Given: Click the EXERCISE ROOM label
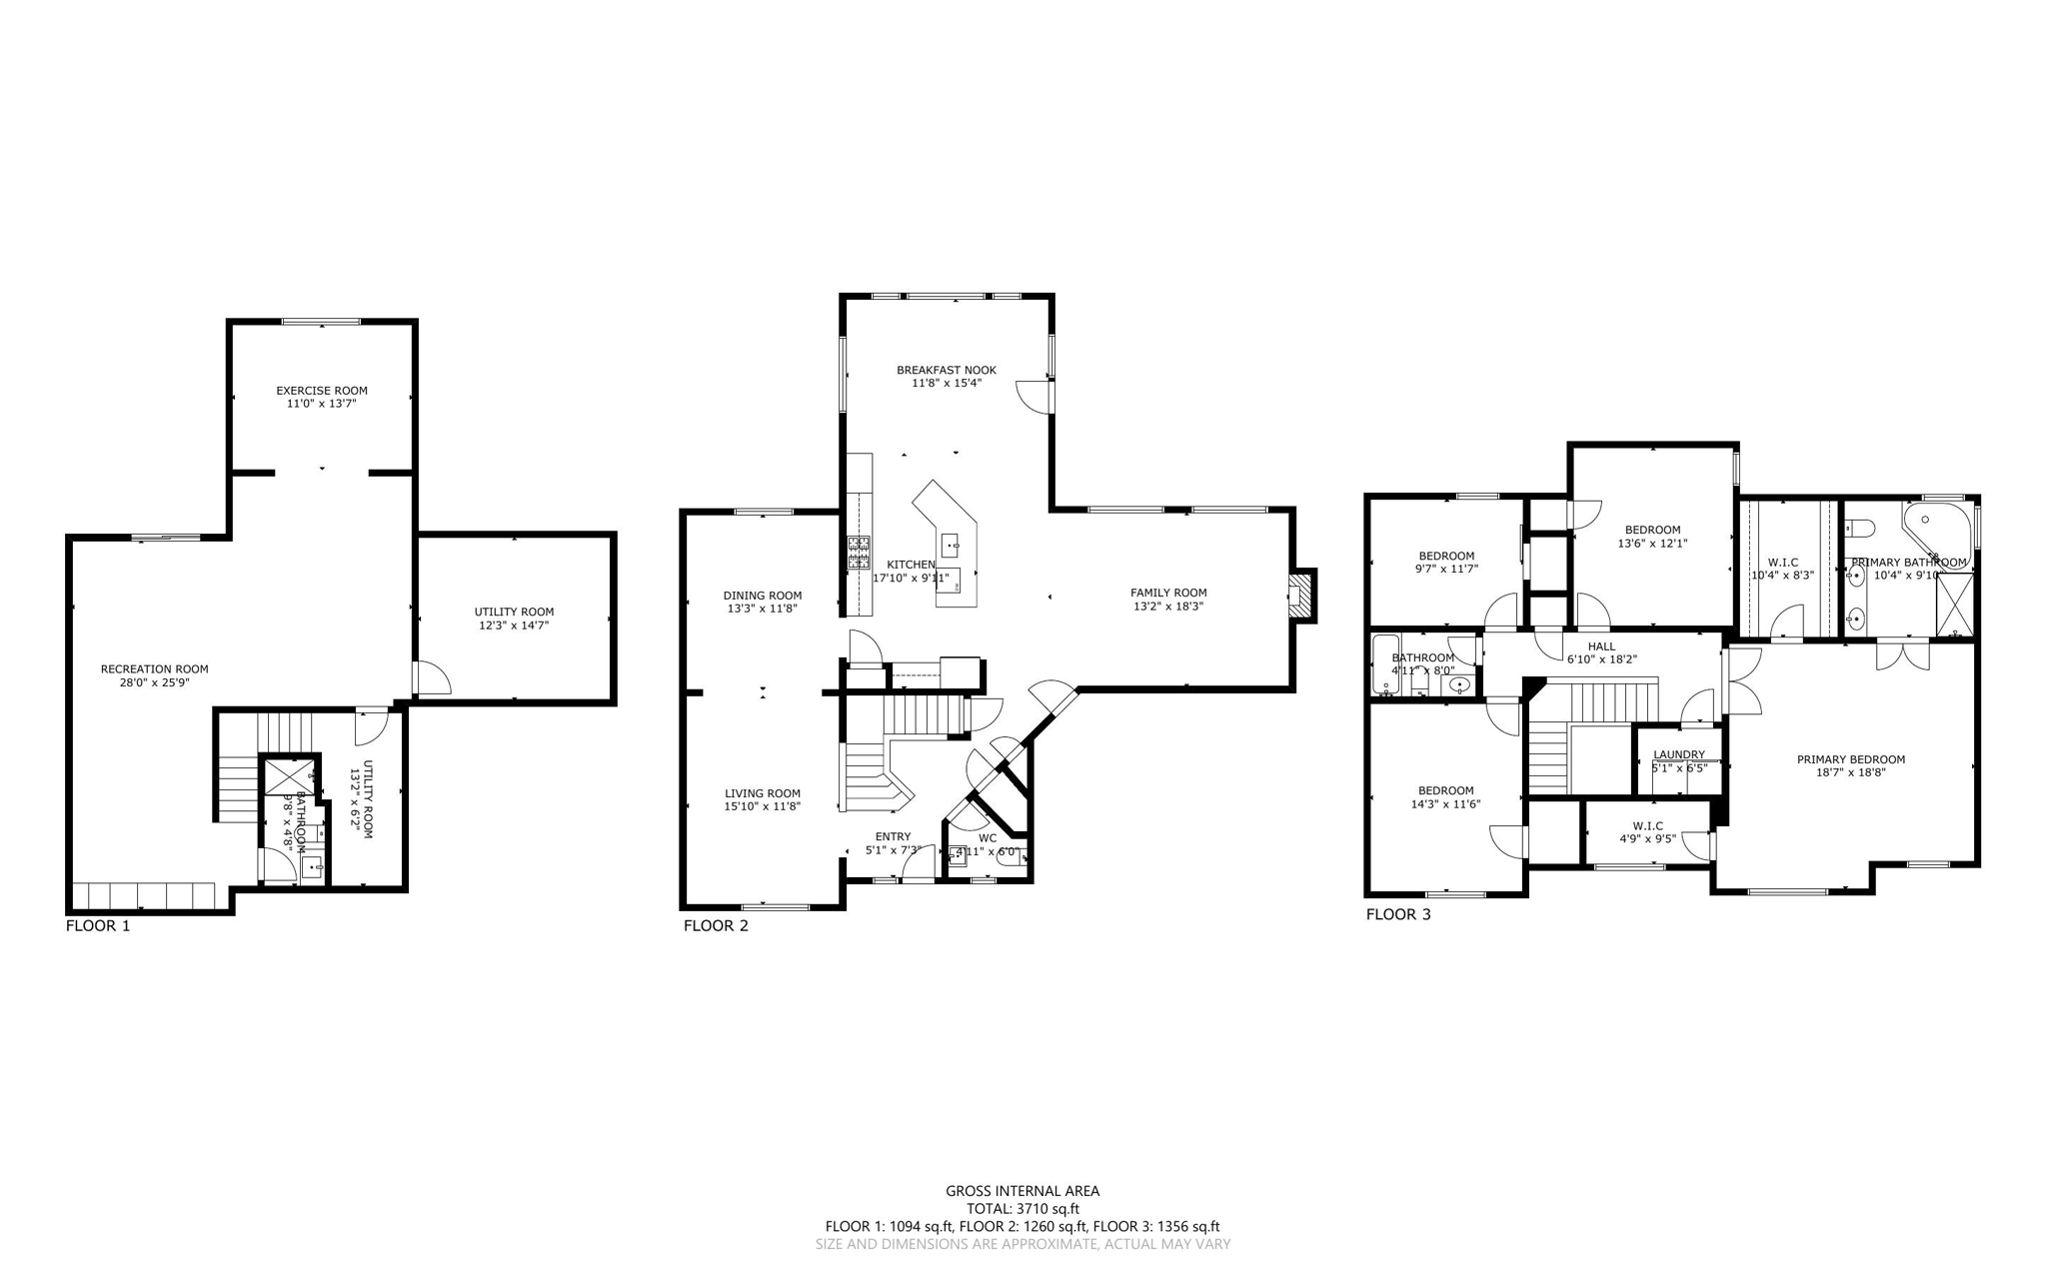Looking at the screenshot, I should (x=321, y=391).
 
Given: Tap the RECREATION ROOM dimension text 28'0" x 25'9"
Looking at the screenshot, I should (x=154, y=682).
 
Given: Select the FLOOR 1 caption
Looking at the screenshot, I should (x=98, y=925).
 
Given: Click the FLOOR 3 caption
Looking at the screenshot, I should (x=1397, y=914).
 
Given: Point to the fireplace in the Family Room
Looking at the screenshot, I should (x=1300, y=597).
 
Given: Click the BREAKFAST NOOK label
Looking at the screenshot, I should (x=946, y=370).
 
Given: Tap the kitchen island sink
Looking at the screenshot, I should (x=950, y=546).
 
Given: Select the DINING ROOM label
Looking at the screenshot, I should (x=762, y=596).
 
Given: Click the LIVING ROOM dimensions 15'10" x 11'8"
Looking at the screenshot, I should (x=762, y=806).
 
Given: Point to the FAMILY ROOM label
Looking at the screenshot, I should (x=1167, y=593).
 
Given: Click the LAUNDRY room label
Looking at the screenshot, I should (x=1678, y=754).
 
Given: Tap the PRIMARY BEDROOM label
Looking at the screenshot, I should (x=1850, y=759).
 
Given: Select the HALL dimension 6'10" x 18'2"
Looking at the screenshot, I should (x=1601, y=659).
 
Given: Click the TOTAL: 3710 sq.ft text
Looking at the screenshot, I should (x=1023, y=1209).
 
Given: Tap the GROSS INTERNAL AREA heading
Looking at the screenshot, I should (x=1023, y=1191).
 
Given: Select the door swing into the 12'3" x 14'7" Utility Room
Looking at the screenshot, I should (x=433, y=678).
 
